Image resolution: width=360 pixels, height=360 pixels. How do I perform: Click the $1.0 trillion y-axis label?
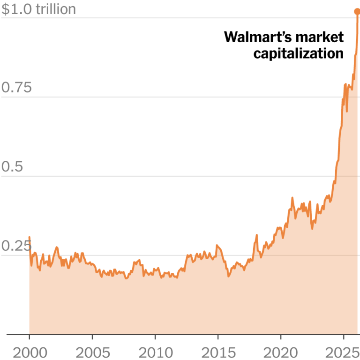[38, 9]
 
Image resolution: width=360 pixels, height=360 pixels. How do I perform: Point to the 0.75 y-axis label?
[16, 88]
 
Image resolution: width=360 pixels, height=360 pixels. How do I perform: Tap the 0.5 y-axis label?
[13, 167]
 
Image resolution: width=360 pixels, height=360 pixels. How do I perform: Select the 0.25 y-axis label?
[16, 247]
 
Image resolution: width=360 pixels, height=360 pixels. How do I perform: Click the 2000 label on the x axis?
[29, 352]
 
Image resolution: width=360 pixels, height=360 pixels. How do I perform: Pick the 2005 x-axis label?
[92, 352]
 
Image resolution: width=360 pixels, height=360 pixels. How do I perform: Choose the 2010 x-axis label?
[155, 352]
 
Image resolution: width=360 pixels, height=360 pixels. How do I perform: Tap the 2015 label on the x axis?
[218, 352]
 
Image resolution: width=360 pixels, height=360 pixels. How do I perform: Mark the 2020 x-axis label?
[281, 352]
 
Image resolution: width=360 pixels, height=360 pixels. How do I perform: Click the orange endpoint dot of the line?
[357, 12]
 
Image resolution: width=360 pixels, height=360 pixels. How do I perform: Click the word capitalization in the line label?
[299, 54]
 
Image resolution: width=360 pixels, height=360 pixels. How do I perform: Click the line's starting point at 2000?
[30, 237]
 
